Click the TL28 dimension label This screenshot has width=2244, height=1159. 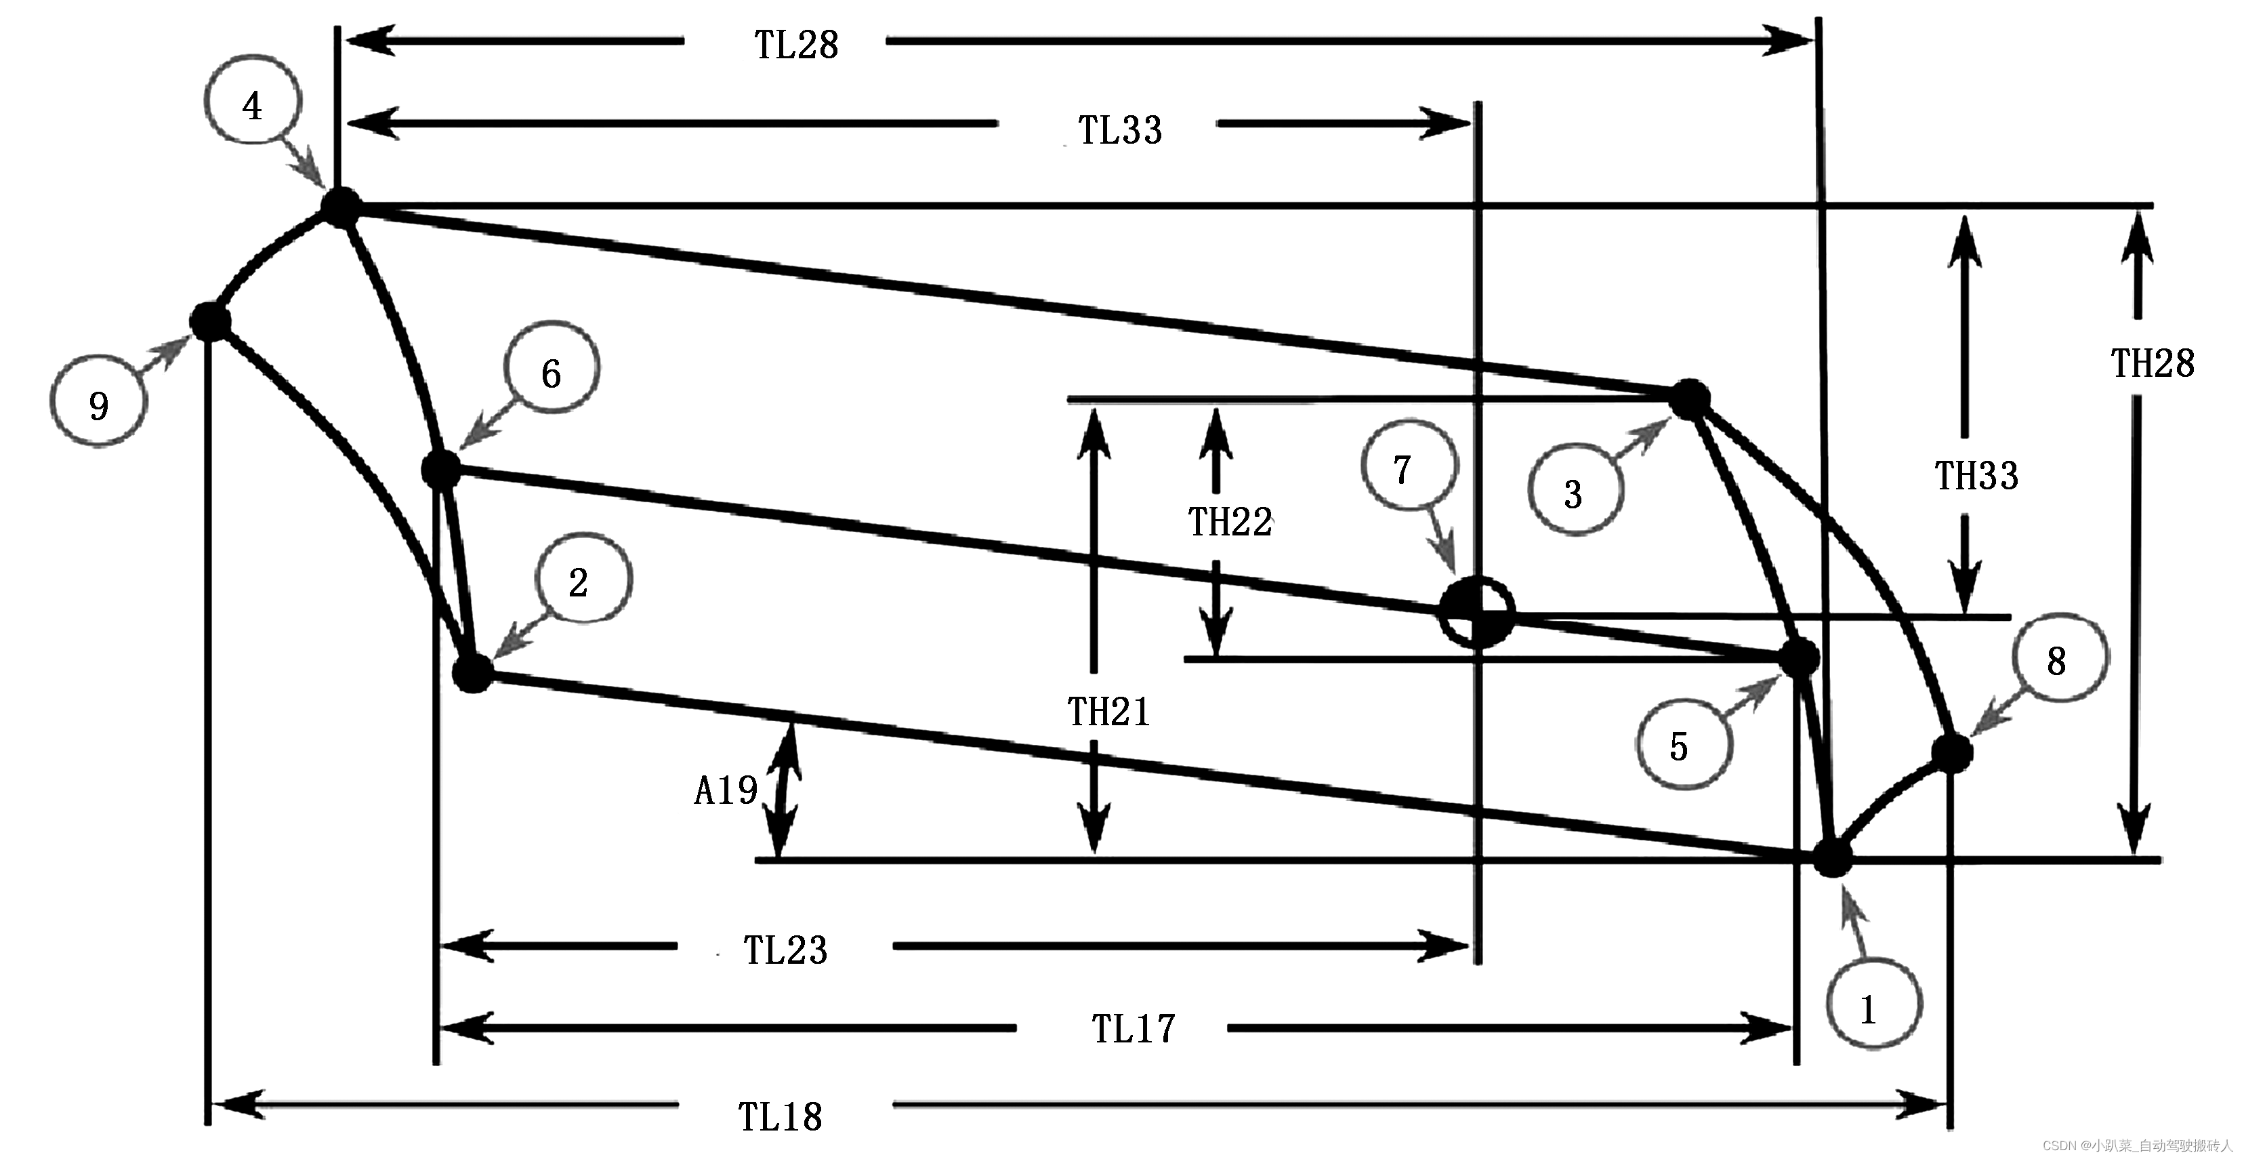tap(796, 45)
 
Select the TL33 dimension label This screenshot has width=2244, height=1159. tap(1120, 130)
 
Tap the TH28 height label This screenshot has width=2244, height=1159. tap(2153, 363)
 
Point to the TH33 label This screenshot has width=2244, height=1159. tap(1976, 476)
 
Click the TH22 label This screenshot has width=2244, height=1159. tap(1230, 522)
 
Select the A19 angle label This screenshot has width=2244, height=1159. tap(726, 790)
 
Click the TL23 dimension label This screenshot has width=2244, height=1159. tap(785, 950)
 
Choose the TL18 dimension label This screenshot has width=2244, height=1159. tap(781, 1116)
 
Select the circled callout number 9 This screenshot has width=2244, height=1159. tap(98, 403)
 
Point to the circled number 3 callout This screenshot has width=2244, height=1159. tap(1574, 491)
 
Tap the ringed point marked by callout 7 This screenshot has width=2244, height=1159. tap(1476, 612)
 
